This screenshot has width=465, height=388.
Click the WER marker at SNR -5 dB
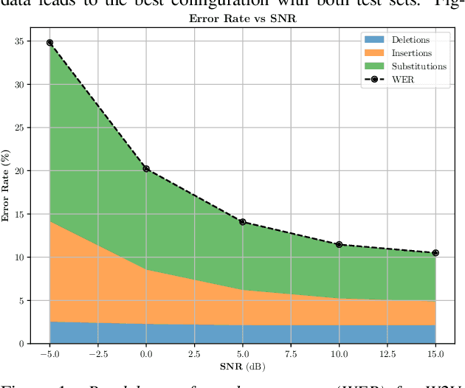point(49,43)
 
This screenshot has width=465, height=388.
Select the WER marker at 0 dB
point(146,169)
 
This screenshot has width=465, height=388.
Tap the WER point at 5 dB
point(242,222)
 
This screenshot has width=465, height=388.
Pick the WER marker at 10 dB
point(339,244)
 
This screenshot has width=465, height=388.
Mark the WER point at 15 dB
point(435,253)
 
